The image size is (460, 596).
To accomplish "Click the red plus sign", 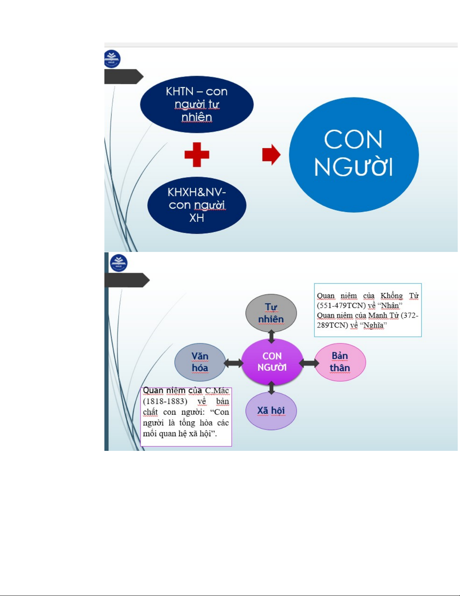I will pos(197,155).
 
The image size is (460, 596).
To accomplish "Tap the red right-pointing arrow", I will pos(271,155).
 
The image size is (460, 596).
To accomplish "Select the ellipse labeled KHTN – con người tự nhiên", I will pos(197,105).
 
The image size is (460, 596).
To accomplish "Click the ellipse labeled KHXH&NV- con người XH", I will pos(197,205).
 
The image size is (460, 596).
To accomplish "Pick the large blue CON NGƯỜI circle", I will pos(354,155).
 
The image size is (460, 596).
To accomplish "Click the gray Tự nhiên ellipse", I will pos(271,313).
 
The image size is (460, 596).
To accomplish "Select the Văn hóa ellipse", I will pos(200,362).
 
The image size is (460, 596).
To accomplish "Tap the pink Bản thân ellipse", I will pos(340,362).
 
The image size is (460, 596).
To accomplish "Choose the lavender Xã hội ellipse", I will pos(271,411).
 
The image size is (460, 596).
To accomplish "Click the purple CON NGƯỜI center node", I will pos(272,362).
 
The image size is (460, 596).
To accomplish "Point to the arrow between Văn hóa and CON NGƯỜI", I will pos(234,363).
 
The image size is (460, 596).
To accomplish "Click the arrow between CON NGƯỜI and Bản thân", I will pos(309,363).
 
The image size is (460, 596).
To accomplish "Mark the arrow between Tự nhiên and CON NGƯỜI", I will pos(271,336).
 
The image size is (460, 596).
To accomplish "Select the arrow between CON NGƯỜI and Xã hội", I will pos(271,387).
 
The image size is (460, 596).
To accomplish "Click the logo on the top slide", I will pos(112,59).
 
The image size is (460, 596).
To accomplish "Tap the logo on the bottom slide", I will pos(119,263).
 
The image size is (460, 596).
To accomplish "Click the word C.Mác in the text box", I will pos(217,391).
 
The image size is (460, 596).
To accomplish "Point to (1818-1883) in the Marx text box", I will pos(165,401).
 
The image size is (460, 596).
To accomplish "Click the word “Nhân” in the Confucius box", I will pos(390,306).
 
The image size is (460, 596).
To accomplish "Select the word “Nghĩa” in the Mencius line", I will pos(373,325).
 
